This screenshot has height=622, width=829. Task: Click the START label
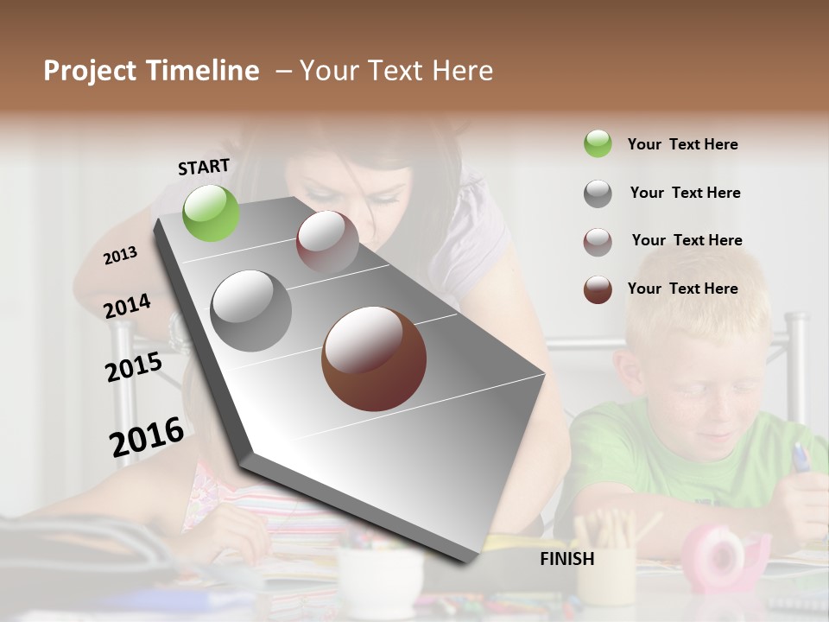[204, 167]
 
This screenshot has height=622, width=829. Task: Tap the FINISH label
[566, 559]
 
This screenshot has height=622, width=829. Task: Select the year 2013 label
[120, 256]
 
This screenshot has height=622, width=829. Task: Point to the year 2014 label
[127, 307]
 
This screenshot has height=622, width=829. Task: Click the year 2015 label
[134, 367]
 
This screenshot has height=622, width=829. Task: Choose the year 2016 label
[147, 437]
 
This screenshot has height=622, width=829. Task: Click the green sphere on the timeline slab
[211, 213]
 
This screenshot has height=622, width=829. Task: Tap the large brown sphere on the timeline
[374, 359]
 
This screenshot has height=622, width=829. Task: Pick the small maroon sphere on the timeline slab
[327, 243]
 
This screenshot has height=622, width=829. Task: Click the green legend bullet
[598, 144]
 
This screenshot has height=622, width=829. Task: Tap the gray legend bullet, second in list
[598, 194]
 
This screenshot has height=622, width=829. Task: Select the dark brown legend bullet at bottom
[598, 289]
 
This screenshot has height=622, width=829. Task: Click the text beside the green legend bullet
[682, 144]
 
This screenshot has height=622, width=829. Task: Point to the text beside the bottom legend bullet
[682, 289]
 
